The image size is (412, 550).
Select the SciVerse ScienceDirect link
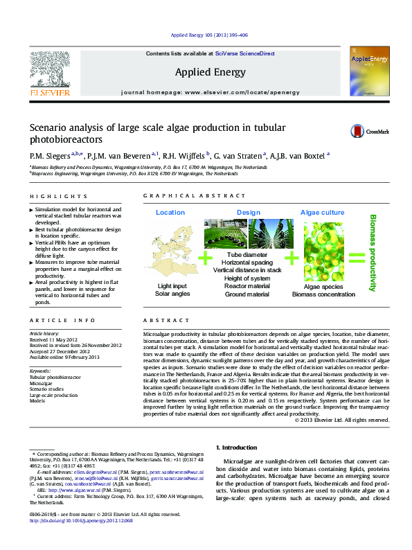[x=244, y=53]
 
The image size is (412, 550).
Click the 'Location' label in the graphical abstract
[x=170, y=212]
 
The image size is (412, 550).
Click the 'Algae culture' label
[x=322, y=212]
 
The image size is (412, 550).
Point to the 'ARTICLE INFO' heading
[x=62, y=321]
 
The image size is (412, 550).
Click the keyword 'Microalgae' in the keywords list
[x=41, y=382]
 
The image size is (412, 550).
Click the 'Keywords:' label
[x=41, y=371]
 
